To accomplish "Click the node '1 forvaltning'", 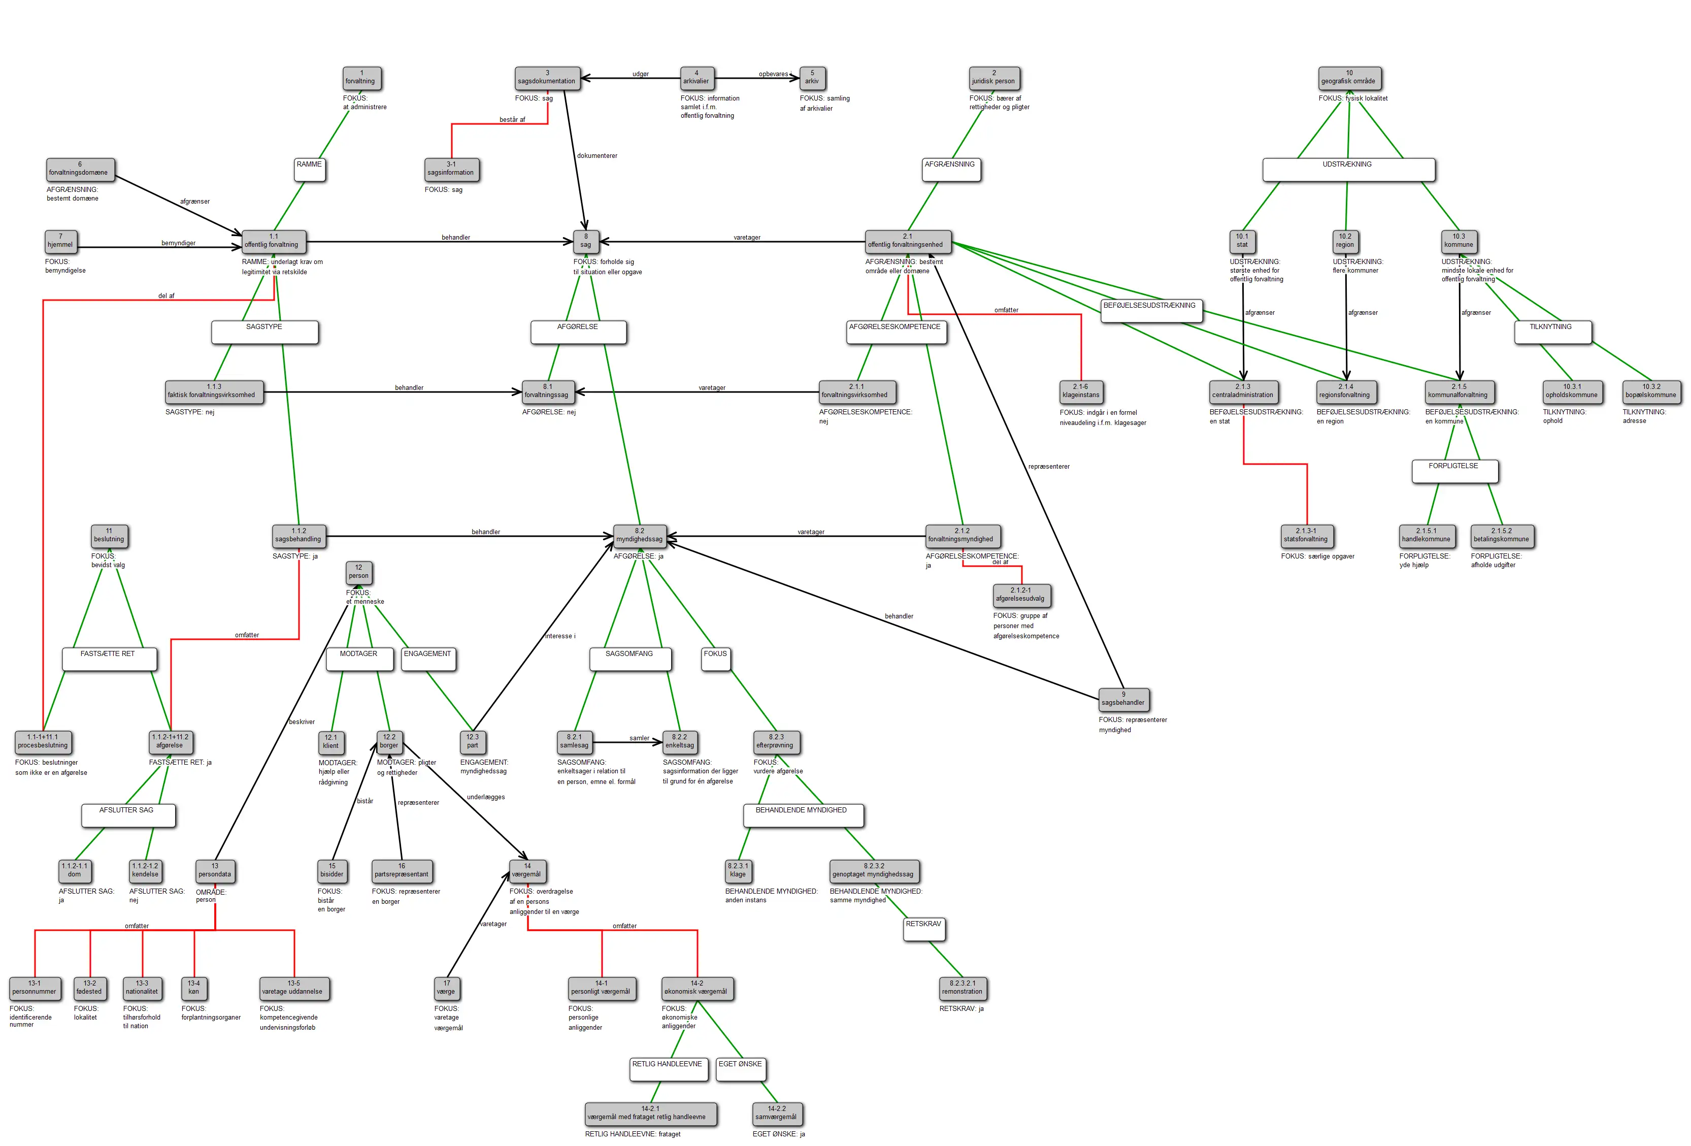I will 361,77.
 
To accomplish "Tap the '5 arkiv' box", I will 812,77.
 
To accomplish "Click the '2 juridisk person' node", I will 994,77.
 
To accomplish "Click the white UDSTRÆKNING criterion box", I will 1347,169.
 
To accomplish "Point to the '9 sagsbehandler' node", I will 1123,699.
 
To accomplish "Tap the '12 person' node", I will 359,572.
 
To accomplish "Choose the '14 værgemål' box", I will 527,870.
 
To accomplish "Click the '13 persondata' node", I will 215,870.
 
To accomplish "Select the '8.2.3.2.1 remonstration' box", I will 962,988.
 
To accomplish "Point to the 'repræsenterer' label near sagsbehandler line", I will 1048,467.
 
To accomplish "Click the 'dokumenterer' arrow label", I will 596,156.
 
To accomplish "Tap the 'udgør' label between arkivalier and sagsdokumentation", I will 640,74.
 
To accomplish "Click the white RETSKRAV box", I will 923,929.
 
